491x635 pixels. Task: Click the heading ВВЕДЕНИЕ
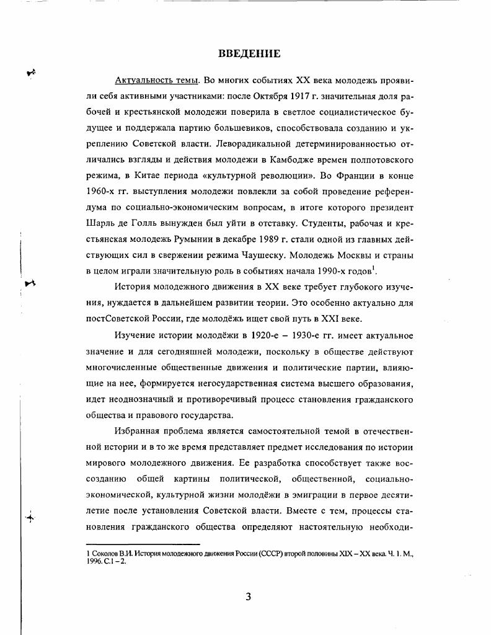tap(249, 54)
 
